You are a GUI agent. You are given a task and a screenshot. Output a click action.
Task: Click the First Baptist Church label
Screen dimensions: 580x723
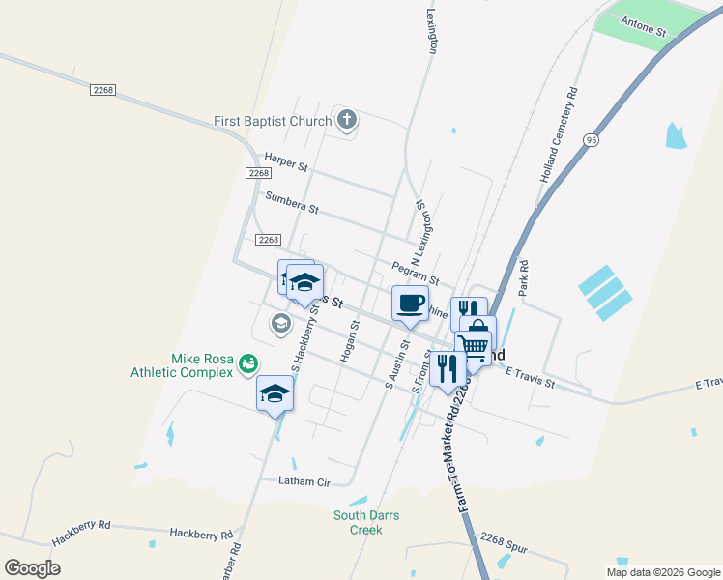click(272, 122)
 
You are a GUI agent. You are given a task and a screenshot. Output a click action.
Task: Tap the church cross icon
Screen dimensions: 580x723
click(347, 121)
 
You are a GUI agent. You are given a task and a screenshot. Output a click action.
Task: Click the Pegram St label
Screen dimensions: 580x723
click(416, 273)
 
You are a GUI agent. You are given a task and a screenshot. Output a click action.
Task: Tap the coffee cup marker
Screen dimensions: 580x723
click(410, 304)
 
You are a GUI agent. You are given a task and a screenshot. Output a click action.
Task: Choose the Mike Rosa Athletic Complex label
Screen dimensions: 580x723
click(183, 364)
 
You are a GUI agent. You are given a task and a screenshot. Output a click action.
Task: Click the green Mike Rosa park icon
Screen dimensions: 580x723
click(248, 363)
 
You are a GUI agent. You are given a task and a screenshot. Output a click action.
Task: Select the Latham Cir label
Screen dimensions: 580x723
click(304, 480)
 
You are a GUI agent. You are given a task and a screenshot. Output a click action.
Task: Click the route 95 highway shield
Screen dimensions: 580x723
click(590, 140)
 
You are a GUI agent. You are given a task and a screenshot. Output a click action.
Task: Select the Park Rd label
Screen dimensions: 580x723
click(524, 277)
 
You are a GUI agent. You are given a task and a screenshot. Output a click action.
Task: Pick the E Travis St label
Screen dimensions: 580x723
click(530, 377)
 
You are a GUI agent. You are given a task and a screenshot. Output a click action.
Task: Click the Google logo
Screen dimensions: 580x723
click(32, 567)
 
